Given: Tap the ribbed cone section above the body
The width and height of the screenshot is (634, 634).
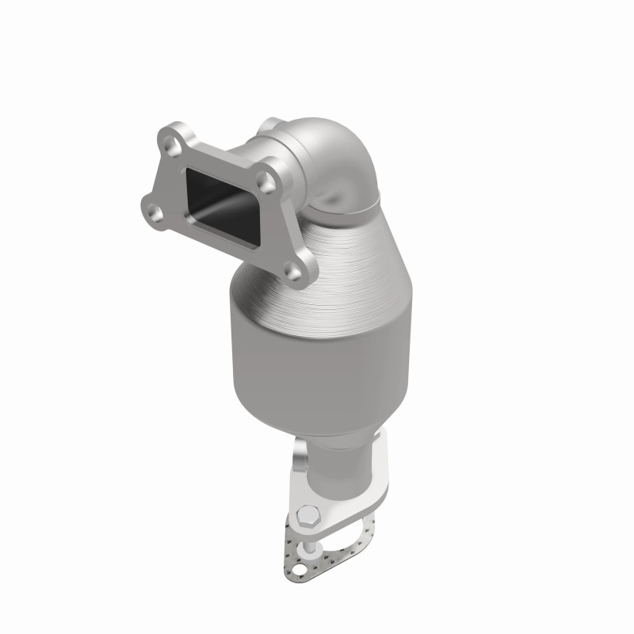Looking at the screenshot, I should point(341,254).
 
